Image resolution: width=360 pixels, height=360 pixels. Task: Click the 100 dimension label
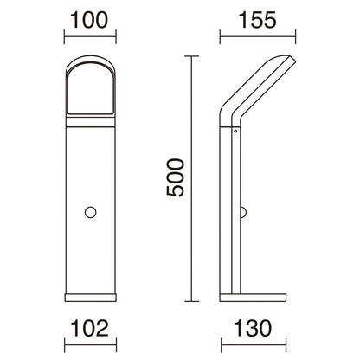(89, 20)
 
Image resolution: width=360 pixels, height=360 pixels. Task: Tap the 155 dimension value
(258, 20)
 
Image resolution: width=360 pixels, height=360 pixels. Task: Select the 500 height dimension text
(175, 177)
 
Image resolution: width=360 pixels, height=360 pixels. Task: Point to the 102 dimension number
(90, 328)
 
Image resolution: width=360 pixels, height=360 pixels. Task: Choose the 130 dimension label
(253, 328)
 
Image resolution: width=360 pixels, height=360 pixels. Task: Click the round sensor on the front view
(90, 212)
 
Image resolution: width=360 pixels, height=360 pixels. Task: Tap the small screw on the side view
(235, 131)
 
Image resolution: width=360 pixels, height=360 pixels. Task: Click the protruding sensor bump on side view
(243, 212)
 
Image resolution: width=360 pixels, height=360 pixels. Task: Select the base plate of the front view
(90, 298)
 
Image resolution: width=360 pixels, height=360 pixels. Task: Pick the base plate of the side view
(253, 298)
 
